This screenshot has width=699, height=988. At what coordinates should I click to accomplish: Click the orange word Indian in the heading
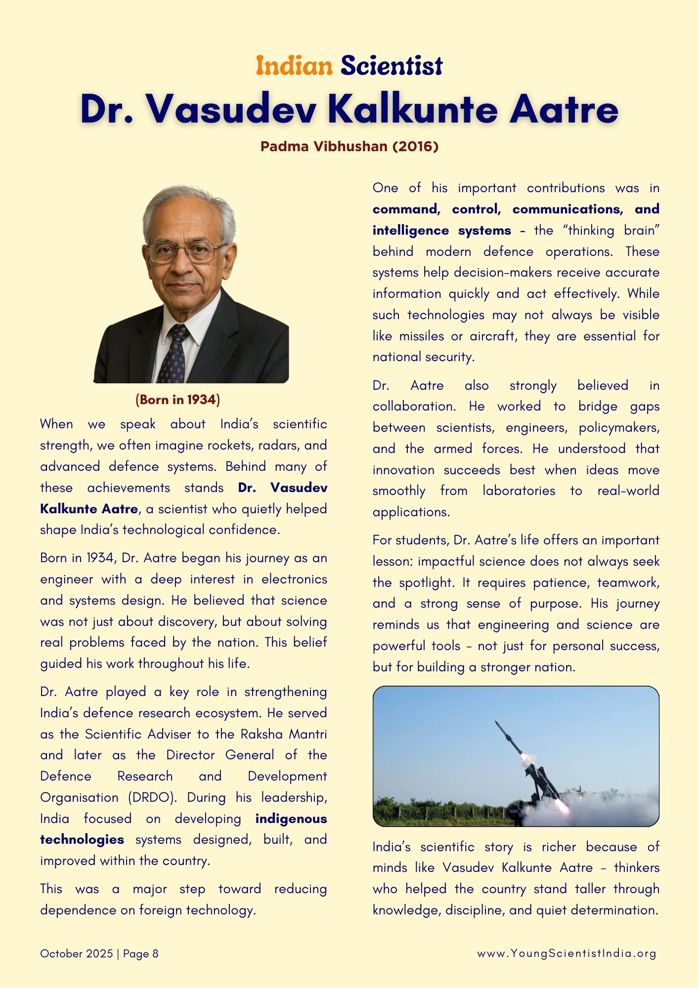(294, 66)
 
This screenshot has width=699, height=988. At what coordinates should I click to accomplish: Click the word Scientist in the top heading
(392, 66)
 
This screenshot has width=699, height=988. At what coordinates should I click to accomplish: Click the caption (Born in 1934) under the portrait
(177, 399)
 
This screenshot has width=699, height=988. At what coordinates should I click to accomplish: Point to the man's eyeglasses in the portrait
(185, 252)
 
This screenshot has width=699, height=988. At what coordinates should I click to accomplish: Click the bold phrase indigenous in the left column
(291, 819)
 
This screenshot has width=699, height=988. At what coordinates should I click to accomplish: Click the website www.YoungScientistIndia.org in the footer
(567, 953)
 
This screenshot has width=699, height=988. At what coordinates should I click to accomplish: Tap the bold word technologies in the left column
(82, 839)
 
